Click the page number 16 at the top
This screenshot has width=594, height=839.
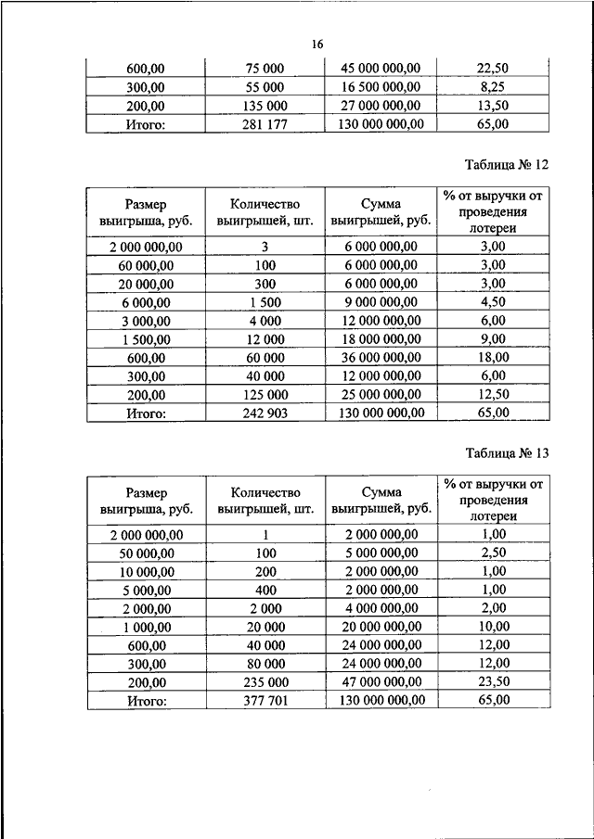(x=317, y=44)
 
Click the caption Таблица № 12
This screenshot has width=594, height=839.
(x=507, y=165)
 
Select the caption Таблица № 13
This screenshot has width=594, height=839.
(x=507, y=453)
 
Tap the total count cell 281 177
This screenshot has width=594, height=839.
(x=265, y=123)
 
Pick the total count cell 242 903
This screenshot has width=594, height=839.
(x=265, y=412)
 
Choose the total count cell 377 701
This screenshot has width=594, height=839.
(x=265, y=701)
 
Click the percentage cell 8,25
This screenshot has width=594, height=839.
(x=494, y=86)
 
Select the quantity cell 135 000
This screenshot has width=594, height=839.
(x=265, y=105)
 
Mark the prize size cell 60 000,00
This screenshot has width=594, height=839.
(x=146, y=265)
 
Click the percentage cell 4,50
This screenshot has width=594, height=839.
(x=494, y=301)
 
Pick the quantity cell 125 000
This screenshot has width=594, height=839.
(x=265, y=394)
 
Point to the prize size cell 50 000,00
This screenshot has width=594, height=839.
(x=146, y=553)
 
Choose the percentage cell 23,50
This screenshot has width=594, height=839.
(x=494, y=682)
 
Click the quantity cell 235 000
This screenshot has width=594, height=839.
(x=265, y=682)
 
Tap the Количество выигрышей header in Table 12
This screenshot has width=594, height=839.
(x=265, y=212)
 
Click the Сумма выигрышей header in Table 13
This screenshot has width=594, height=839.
(x=381, y=501)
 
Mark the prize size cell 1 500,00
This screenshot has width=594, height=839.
(x=146, y=338)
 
